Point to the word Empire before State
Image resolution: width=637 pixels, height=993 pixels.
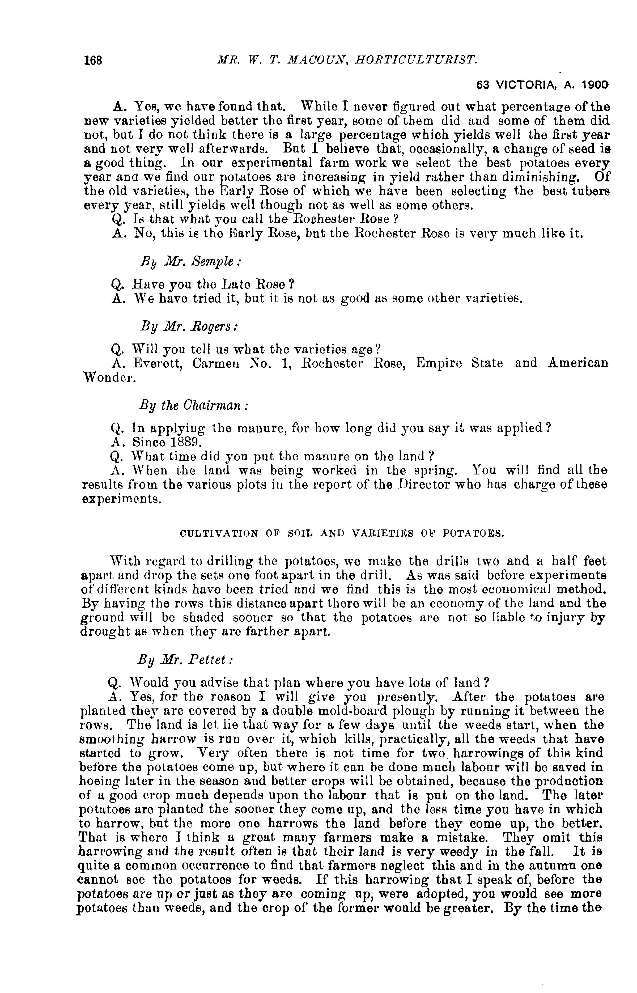[439, 363]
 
